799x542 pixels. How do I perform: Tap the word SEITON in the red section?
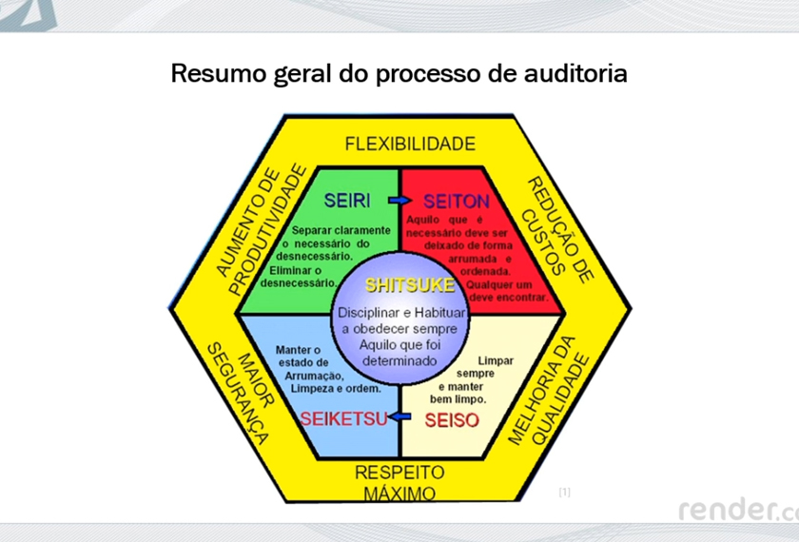(456, 201)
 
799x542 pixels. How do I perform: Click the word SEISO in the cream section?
(453, 418)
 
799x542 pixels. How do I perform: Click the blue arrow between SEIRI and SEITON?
(399, 201)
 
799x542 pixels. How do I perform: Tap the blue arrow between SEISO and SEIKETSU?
(401, 416)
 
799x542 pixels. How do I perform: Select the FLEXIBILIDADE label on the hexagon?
(409, 145)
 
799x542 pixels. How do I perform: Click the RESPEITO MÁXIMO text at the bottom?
(399, 483)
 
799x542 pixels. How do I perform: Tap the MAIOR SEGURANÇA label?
(240, 391)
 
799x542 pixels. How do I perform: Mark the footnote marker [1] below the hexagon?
(564, 492)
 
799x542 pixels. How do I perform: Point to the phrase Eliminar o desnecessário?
(301, 277)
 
